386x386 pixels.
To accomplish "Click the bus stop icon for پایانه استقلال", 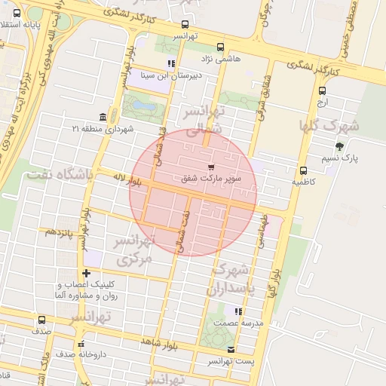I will coord(17,14).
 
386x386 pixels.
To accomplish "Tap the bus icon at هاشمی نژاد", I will coord(220,46).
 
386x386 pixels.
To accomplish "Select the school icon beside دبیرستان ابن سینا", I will coord(172,64).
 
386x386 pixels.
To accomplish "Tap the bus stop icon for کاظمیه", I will coord(304,170).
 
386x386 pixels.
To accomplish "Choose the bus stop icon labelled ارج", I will coord(322,90).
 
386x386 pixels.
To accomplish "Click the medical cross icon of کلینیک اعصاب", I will coord(85,272).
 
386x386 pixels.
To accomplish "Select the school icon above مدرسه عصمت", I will coord(238,311).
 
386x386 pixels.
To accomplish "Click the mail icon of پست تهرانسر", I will coord(231,349).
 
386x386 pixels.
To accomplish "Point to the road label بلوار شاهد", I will coord(158,344).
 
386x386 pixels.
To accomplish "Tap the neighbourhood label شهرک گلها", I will coord(329,124).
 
